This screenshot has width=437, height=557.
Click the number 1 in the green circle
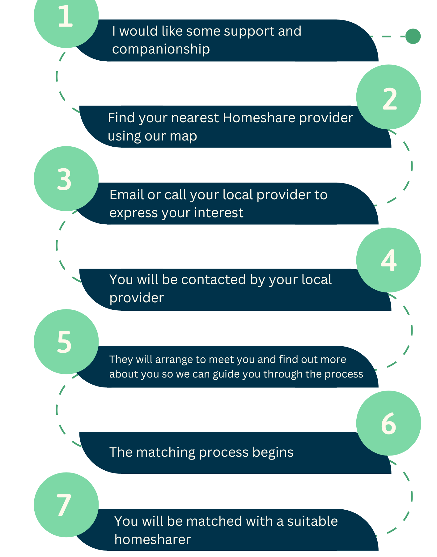coord(66,16)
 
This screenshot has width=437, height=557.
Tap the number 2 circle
coord(389,97)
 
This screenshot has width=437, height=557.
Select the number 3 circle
coord(66,179)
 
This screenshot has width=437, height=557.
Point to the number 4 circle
coord(389,260)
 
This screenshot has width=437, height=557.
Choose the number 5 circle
coord(66,342)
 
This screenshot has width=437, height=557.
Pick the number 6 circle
coord(389,423)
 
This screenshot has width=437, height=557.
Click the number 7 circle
coord(66,505)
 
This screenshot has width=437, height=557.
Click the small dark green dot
coord(413,36)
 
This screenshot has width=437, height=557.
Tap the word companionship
coord(161,49)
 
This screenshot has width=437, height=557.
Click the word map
coord(183,136)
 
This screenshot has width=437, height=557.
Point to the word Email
coord(127,195)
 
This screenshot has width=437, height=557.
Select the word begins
coord(273,453)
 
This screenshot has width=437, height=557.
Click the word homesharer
coord(152,540)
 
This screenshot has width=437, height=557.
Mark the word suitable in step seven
coord(312,521)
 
